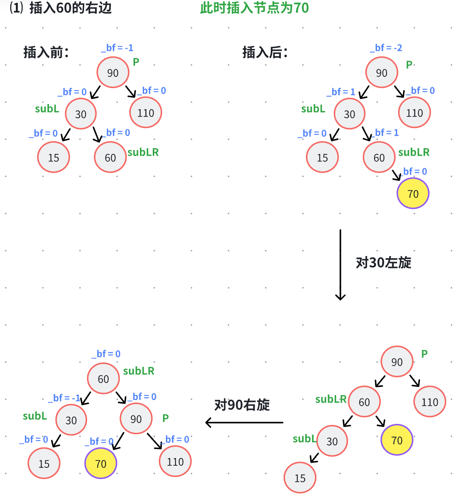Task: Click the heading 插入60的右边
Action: coord(70,8)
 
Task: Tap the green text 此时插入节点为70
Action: coord(254,8)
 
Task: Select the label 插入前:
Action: coord(46,52)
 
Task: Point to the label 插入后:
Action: coord(265,52)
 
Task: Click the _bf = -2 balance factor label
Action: coord(386,48)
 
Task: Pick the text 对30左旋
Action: coord(383,263)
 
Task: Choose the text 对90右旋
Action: coord(242,405)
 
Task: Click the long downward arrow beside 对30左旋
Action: coord(340,264)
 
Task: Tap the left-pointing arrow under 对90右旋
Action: coord(244,422)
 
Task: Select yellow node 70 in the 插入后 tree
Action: coord(413,193)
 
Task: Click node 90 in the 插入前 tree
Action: coord(113,72)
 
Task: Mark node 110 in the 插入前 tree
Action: coord(146,112)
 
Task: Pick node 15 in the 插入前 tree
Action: coord(54,157)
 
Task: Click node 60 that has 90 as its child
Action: coord(103,379)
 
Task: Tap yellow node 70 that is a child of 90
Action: coord(101,463)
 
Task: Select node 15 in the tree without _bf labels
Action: coord(300,478)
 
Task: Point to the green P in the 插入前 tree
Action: coord(136,61)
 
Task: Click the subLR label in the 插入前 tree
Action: coord(143,152)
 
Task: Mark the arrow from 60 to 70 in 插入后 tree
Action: coord(396,175)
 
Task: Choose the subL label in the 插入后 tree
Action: coord(313,109)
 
